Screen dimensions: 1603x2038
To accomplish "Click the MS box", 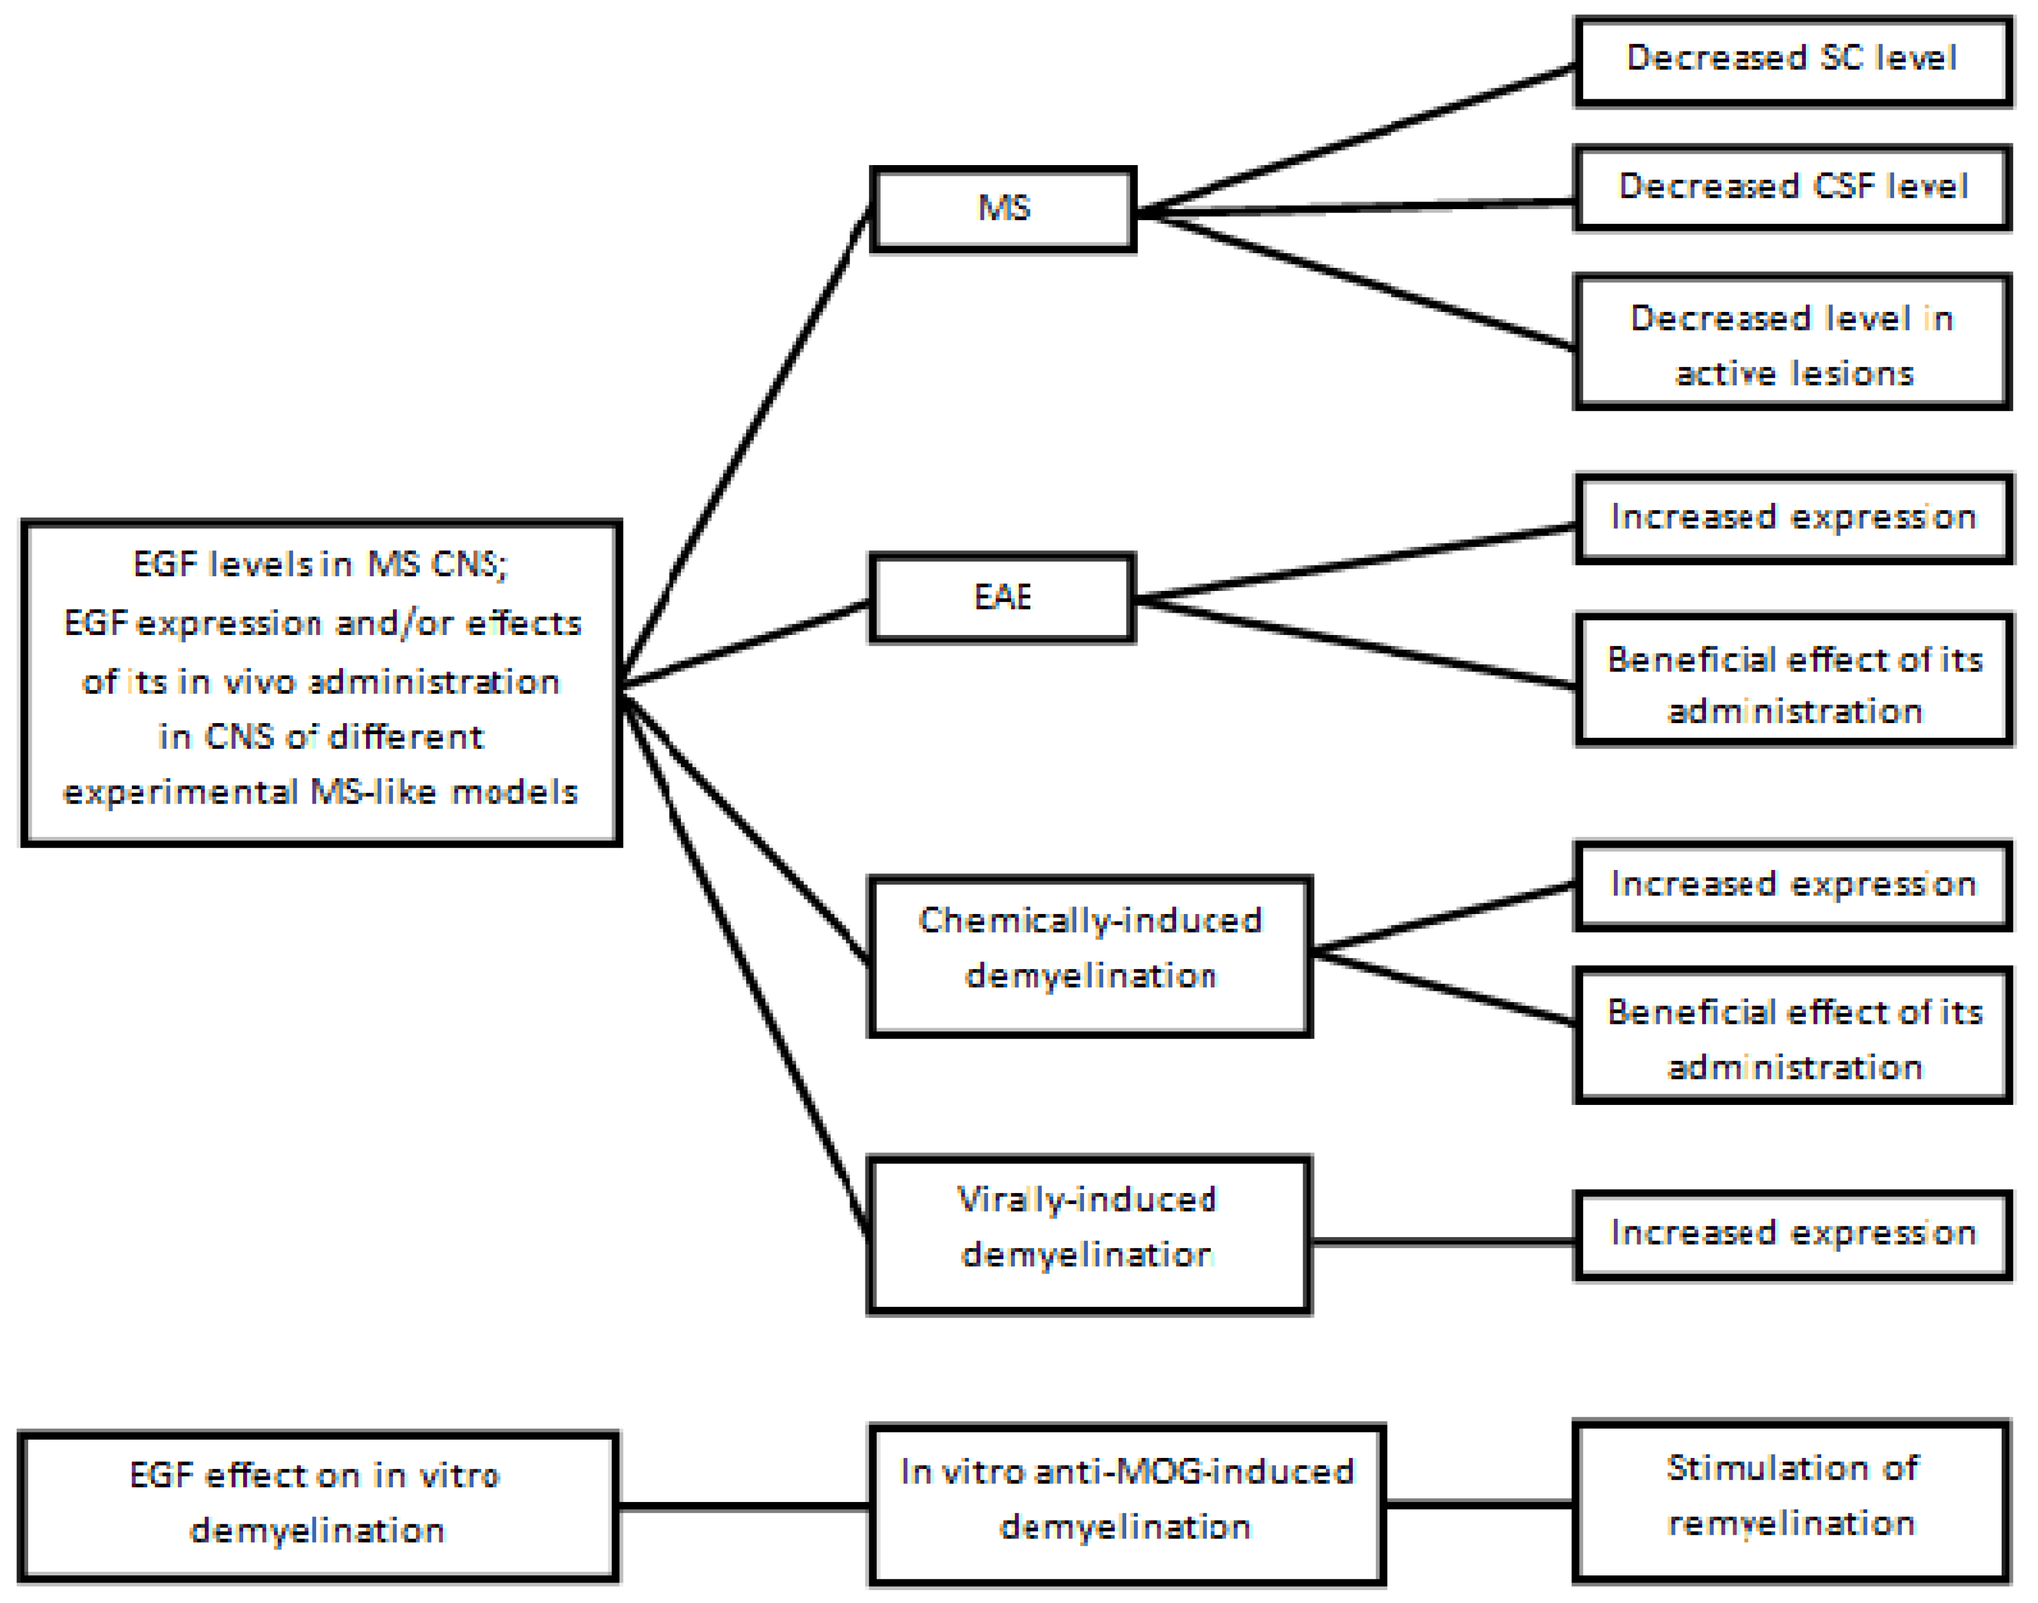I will pyautogui.click(x=1003, y=209).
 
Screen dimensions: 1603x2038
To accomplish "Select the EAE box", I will pyautogui.click(x=1003, y=597).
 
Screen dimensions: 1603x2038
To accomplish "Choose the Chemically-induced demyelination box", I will pyautogui.click(x=1089, y=956).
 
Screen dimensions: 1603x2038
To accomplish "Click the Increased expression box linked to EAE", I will pyautogui.click(x=1793, y=518).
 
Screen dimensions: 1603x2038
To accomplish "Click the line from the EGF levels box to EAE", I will pyautogui.click(x=746, y=644).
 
